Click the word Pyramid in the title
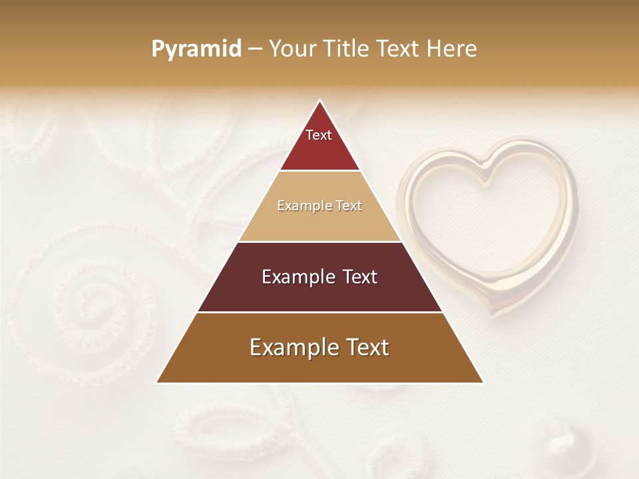pos(196,49)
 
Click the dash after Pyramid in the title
pos(254,49)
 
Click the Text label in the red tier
pos(318,135)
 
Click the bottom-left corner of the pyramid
pos(157,383)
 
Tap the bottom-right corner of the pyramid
pos(483,383)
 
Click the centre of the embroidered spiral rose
pos(83,303)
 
